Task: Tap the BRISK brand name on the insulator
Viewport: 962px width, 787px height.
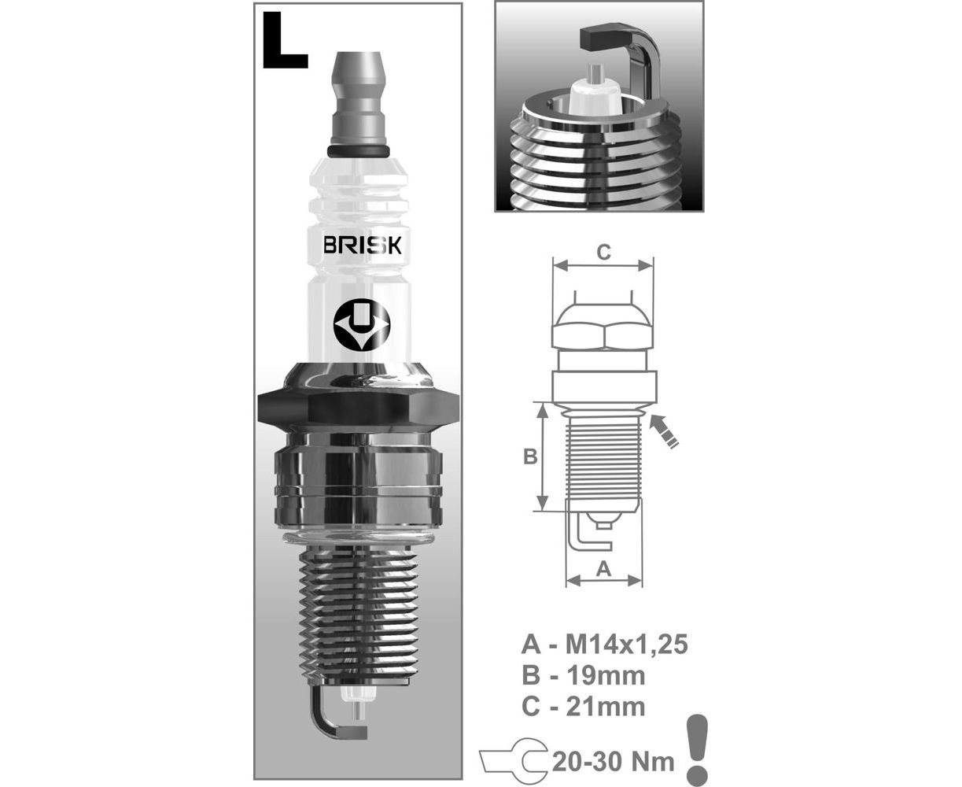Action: pyautogui.click(x=362, y=245)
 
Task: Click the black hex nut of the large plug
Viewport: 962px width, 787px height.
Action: pyautogui.click(x=359, y=408)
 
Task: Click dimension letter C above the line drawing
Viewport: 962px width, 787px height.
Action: pyautogui.click(x=603, y=252)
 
